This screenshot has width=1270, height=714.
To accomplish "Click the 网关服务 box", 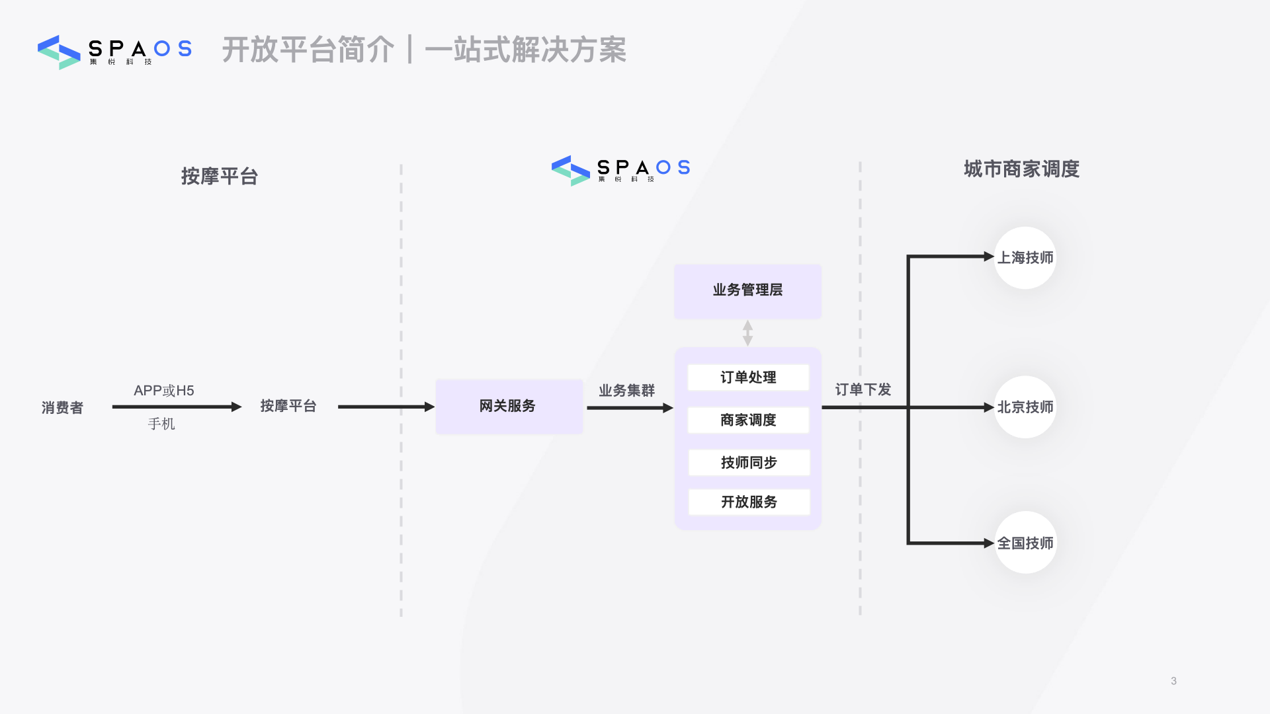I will tap(509, 407).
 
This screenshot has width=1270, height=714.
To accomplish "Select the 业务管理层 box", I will tap(747, 291).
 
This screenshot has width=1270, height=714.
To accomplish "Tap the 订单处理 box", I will tap(748, 377).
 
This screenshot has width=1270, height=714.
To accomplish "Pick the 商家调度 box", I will tap(748, 420).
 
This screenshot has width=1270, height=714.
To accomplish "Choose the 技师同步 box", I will tap(749, 463).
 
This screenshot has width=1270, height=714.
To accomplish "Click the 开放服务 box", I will tap(749, 502).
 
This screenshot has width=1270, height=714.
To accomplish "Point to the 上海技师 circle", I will tap(1025, 258).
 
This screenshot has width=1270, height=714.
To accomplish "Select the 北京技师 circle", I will tap(1025, 407).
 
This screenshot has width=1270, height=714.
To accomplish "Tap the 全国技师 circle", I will tap(1025, 543).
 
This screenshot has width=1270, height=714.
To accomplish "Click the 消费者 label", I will tap(62, 408).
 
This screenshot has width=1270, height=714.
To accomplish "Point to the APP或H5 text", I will tap(164, 391).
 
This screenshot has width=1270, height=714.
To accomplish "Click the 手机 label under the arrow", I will tap(161, 424).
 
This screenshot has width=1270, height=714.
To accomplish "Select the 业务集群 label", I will tap(626, 391).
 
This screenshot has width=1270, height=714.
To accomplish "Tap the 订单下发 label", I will tap(863, 389).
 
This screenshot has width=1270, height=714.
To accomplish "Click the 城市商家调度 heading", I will tap(1021, 169).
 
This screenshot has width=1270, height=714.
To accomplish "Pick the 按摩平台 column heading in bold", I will tap(220, 177).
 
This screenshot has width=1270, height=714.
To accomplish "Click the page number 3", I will tap(1173, 681).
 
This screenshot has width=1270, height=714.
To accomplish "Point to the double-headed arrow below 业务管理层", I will tap(747, 333).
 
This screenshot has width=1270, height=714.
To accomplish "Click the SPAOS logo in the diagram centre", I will tap(620, 170).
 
